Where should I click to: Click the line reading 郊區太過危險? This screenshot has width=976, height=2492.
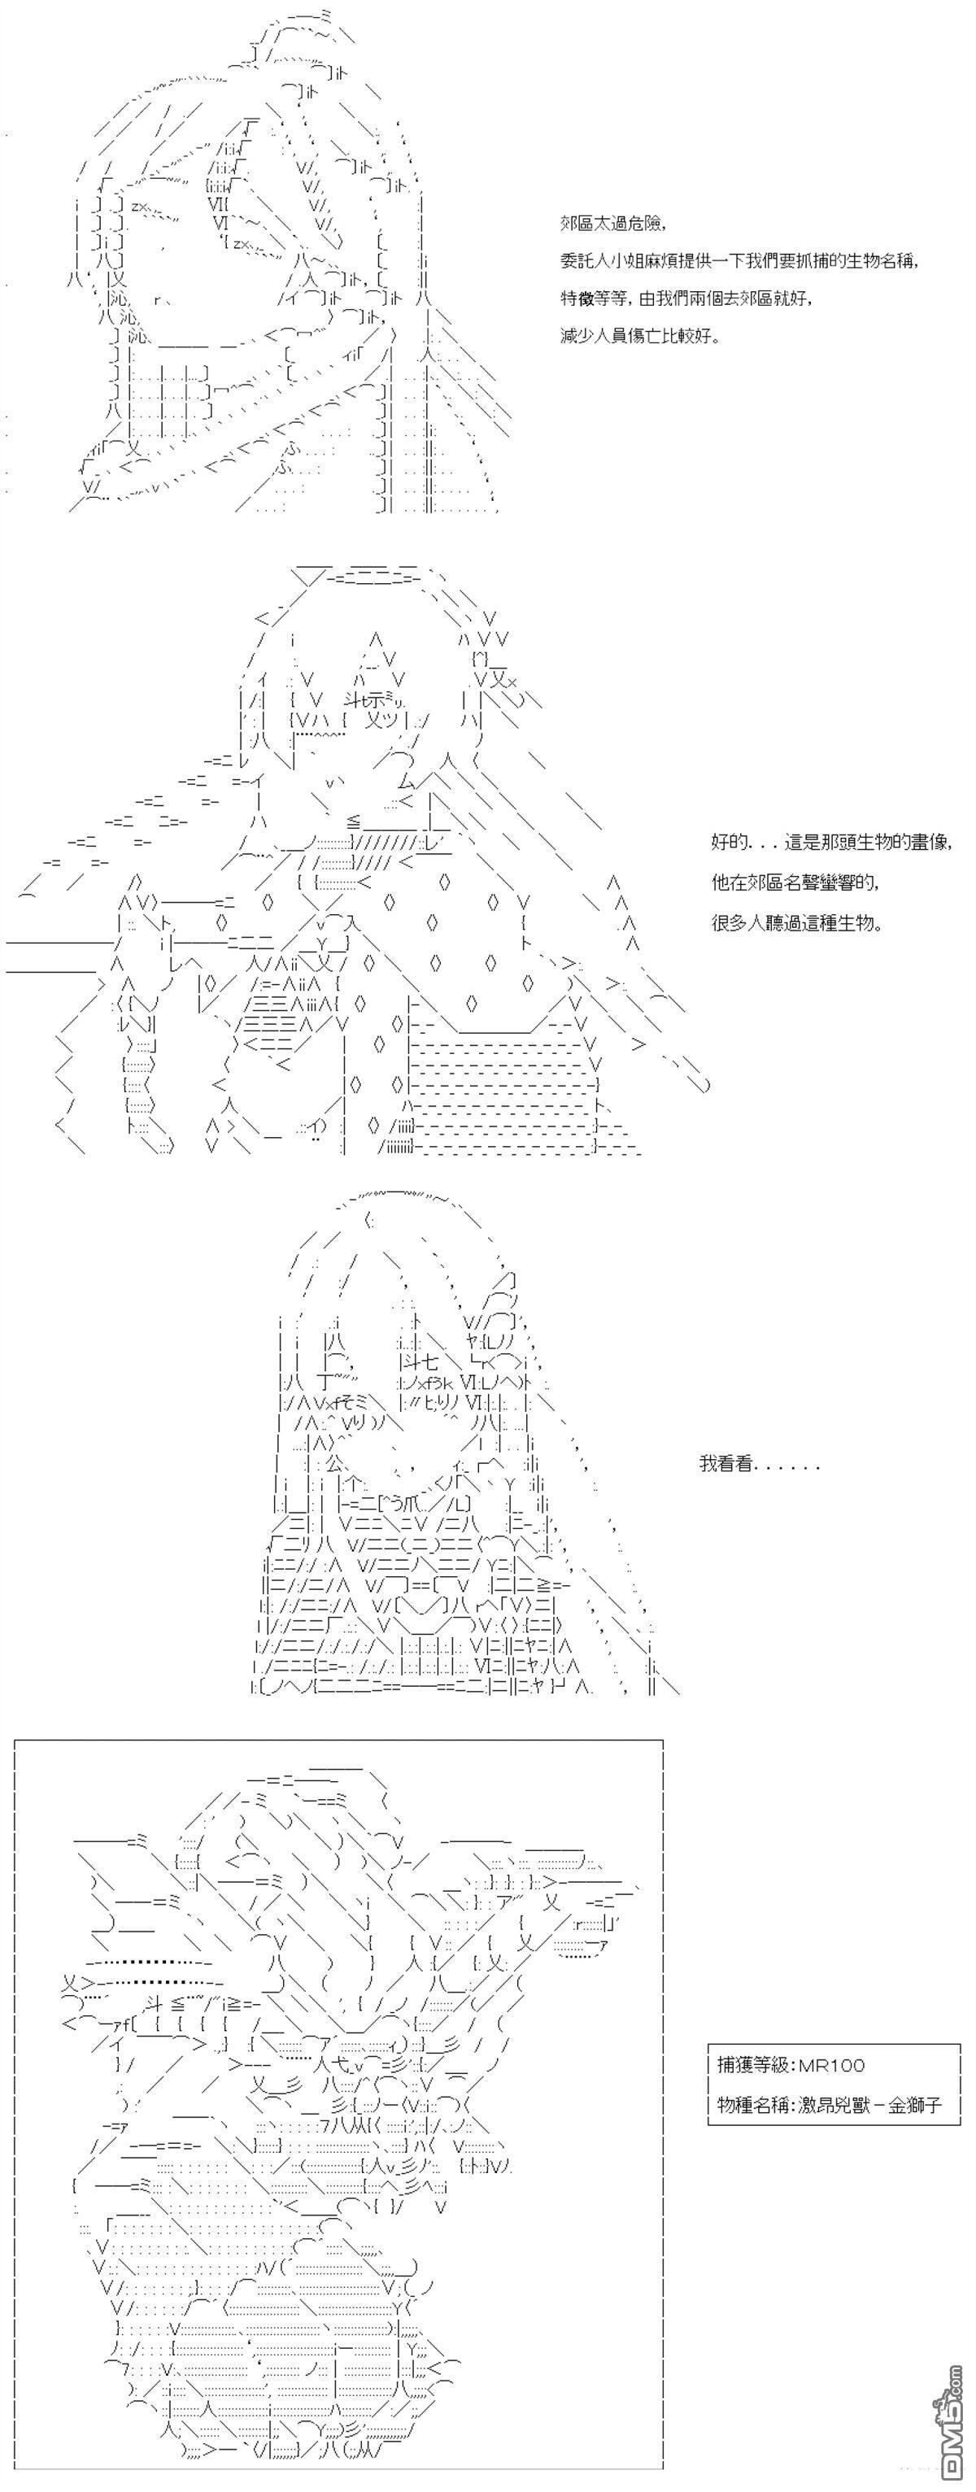pos(612,224)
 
